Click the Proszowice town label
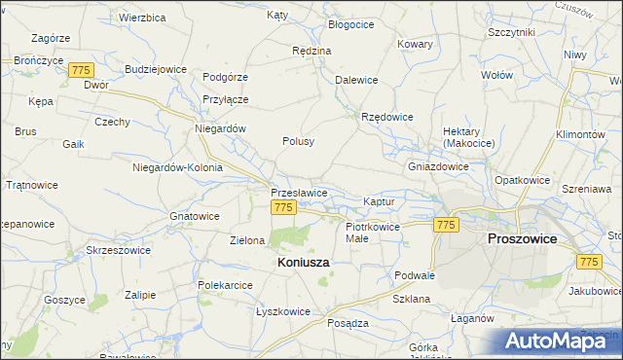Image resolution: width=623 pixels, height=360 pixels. (521, 238)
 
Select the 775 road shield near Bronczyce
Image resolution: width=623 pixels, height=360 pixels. (81, 70)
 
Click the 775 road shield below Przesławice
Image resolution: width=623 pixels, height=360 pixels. (283, 208)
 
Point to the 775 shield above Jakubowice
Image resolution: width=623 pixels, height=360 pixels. (588, 262)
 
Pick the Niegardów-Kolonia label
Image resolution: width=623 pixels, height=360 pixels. (177, 167)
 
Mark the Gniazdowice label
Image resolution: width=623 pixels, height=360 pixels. (438, 166)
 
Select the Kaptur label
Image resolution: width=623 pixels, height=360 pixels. (378, 200)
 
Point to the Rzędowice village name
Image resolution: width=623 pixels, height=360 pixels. (387, 117)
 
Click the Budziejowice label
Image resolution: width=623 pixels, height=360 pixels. (156, 70)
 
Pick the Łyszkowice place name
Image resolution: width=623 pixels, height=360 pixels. (282, 311)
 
